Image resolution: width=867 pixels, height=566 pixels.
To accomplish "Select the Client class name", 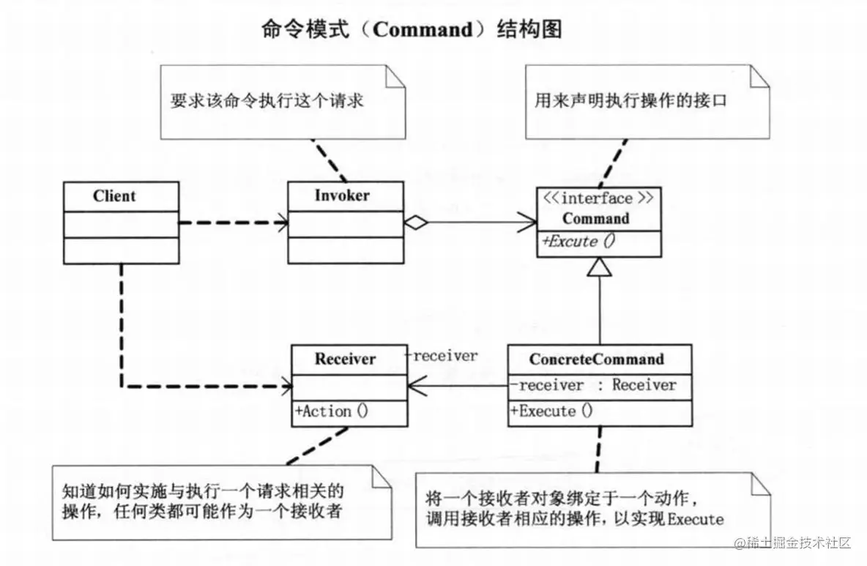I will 114,196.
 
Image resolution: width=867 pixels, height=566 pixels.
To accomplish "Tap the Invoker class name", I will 342,196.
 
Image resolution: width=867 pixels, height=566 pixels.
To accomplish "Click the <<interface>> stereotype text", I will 595,198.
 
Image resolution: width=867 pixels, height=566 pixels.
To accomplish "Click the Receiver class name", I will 345,359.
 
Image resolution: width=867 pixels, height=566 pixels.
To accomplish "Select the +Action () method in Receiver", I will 332,412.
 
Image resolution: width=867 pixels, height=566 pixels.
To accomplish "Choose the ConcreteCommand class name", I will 597,359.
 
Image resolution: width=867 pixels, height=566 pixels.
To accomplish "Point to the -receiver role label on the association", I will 442,356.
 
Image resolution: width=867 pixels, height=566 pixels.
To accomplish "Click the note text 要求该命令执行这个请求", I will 267,102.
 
